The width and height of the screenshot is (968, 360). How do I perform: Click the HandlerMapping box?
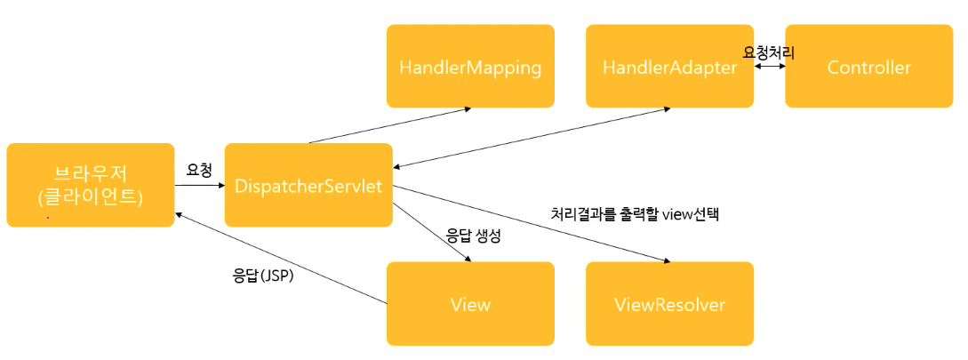coord(470,67)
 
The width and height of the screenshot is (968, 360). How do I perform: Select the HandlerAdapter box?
coord(669,67)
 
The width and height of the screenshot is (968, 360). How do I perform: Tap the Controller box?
coord(868,67)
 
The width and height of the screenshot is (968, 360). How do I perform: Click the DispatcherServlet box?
coord(308,185)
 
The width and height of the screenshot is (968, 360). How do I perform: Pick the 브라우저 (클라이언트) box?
coord(90,185)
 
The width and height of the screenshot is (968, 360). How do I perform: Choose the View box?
coord(470,304)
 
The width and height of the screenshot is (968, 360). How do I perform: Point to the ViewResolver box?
coord(669,304)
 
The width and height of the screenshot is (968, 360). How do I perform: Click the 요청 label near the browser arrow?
coord(199,169)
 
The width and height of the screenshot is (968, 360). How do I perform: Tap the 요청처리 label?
coord(769,53)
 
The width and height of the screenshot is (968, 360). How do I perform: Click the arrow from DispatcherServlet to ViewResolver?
coord(533,224)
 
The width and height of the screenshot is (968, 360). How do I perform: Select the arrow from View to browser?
coord(280,258)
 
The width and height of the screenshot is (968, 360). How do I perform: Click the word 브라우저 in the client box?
coord(90,172)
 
